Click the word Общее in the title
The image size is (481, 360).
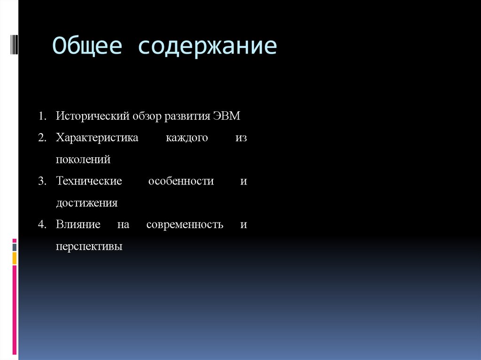[87, 46]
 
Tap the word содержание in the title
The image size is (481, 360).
[207, 47]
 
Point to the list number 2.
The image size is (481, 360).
[42, 138]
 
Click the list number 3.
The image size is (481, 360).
[42, 181]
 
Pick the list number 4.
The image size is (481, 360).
[42, 224]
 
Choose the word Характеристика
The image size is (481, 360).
[97, 138]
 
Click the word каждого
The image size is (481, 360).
[186, 138]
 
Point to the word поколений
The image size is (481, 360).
[83, 160]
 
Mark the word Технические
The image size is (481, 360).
[89, 181]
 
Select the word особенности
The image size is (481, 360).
[181, 181]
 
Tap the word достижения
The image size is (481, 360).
[86, 203]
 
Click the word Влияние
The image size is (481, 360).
[78, 224]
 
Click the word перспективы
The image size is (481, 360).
[89, 246]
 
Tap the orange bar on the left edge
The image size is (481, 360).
[15, 258]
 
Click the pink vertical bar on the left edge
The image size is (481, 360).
[15, 310]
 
